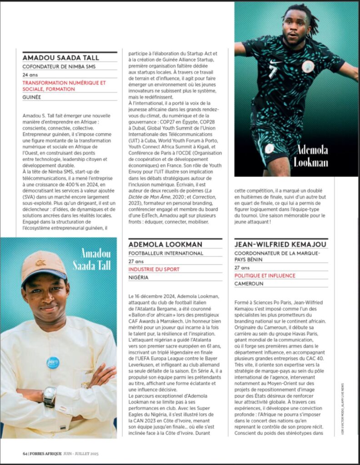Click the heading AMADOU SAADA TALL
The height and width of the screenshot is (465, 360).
pyautogui.click(x=60, y=58)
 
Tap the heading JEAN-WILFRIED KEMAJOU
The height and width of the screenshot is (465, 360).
pyautogui.click(x=281, y=244)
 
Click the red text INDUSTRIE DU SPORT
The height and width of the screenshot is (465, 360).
pyautogui.click(x=154, y=269)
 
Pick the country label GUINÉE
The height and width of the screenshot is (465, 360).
pyautogui.click(x=31, y=97)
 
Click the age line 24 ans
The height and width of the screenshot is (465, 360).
pyautogui.click(x=30, y=75)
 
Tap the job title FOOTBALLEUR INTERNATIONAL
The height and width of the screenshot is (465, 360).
pyautogui.click(x=165, y=253)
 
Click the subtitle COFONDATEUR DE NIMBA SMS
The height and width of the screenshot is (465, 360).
pyautogui.click(x=59, y=67)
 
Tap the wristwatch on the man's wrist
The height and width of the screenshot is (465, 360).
pyautogui.click(x=50, y=396)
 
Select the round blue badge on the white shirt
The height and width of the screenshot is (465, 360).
pyautogui.click(x=53, y=362)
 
